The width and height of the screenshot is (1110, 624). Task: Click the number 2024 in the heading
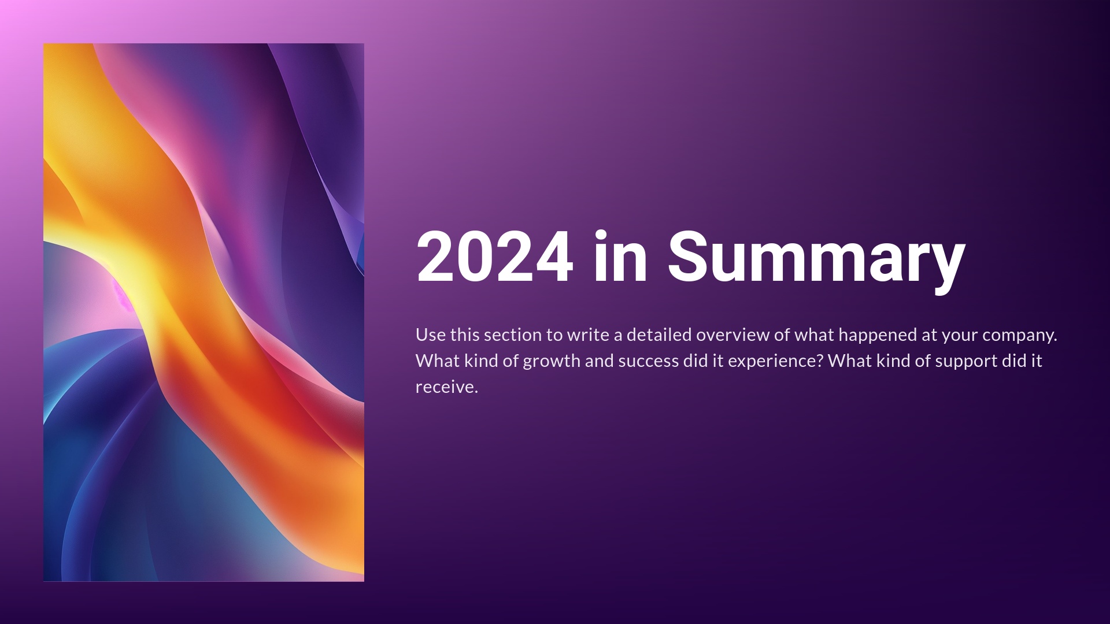[495, 256]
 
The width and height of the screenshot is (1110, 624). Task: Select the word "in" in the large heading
[620, 256]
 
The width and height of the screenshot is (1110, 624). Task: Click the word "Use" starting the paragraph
[431, 335]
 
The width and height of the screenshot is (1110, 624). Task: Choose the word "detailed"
[659, 335]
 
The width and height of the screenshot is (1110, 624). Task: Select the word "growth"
[552, 362]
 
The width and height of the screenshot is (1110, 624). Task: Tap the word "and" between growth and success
[600, 361]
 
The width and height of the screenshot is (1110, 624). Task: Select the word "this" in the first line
[465, 335]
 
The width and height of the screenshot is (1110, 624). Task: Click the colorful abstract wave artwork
[203, 312]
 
